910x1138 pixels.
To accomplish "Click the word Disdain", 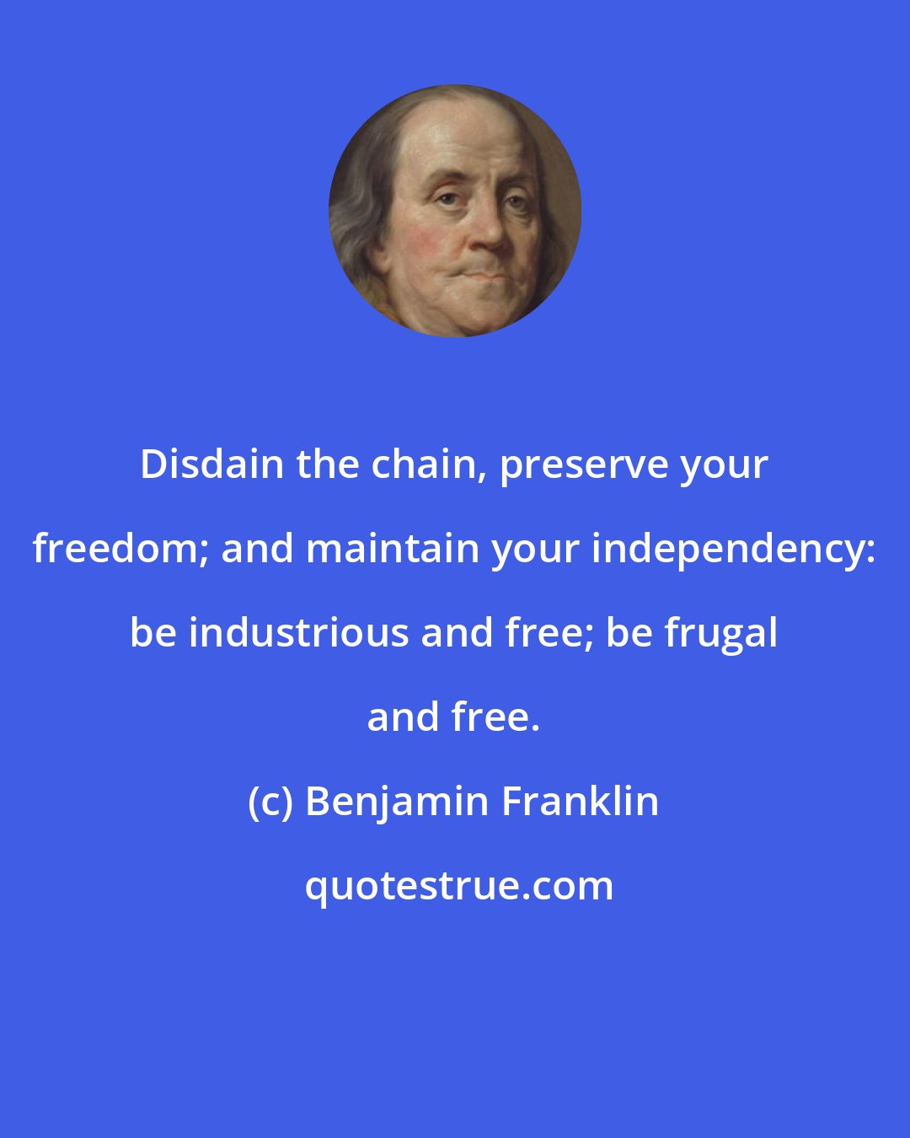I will [x=212, y=464].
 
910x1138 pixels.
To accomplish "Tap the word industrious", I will [x=299, y=633].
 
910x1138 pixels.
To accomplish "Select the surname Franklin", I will [x=581, y=802].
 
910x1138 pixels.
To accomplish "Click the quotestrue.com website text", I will [x=459, y=886].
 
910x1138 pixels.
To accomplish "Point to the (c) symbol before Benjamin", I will [x=270, y=802].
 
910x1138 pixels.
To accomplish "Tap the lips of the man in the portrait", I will [x=487, y=271].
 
